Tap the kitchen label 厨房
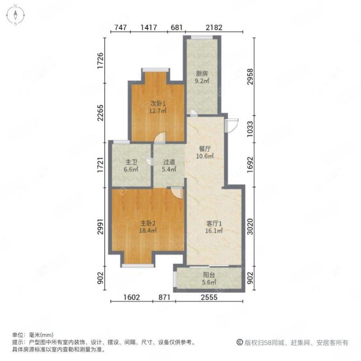201,74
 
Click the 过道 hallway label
168,162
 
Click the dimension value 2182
214,28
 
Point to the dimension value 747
119,28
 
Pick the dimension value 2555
209,297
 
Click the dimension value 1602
132,297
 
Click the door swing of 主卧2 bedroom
176,193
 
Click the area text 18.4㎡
148,230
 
